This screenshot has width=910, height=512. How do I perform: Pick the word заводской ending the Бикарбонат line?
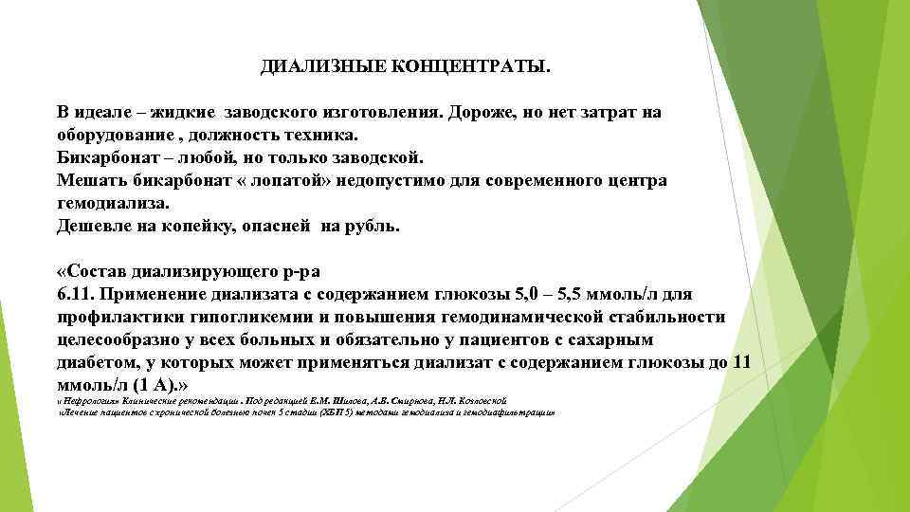384,157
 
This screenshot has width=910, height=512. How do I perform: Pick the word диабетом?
94,362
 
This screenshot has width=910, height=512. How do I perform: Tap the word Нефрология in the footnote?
89,401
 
